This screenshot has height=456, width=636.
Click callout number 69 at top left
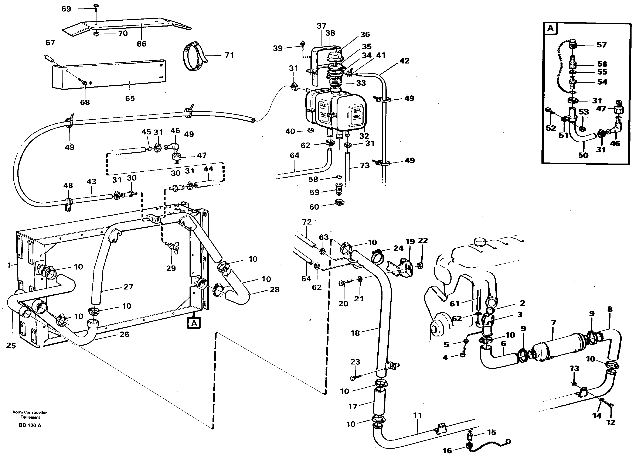coord(66,9)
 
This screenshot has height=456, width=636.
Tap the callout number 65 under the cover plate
coord(130,98)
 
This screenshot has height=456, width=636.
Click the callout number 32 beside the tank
coord(364,136)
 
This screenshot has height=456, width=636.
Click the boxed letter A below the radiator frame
coord(194,323)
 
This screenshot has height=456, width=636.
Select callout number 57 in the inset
coord(602,45)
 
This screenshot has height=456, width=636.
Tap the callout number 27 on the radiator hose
coord(128,287)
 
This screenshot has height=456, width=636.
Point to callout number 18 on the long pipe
coord(355,333)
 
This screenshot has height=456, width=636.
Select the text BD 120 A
coord(30,425)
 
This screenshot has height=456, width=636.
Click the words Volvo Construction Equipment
coord(30,415)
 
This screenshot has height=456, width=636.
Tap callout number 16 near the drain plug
coord(447,450)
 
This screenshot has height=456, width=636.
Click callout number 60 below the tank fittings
coord(314,207)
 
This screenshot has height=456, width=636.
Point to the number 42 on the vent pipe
coord(404,61)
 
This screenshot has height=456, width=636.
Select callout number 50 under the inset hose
coord(583,155)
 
